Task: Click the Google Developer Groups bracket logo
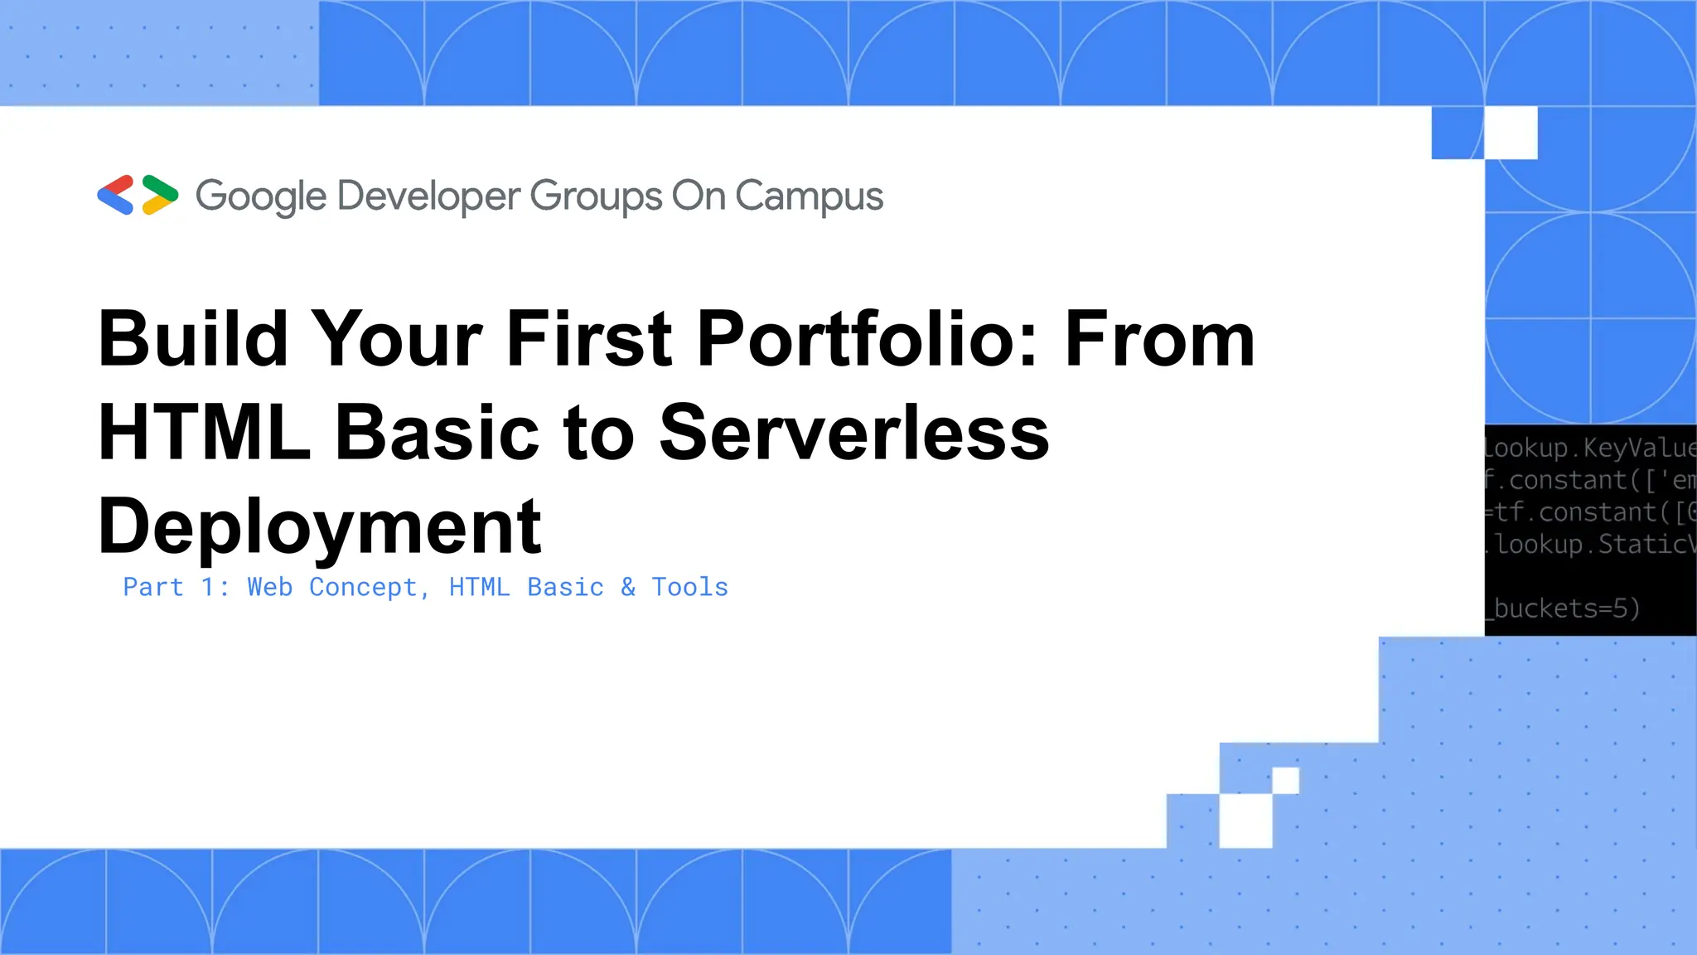click(x=138, y=196)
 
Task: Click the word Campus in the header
click(x=809, y=197)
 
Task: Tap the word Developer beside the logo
click(x=428, y=197)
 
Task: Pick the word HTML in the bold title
click(x=204, y=433)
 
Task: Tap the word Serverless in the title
click(x=854, y=433)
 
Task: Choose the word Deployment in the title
click(x=320, y=527)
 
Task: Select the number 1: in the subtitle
click(x=215, y=587)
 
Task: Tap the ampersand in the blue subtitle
click(x=628, y=587)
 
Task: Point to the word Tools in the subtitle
click(x=689, y=587)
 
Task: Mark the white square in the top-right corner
click(x=1511, y=133)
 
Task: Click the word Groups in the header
click(x=596, y=197)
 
